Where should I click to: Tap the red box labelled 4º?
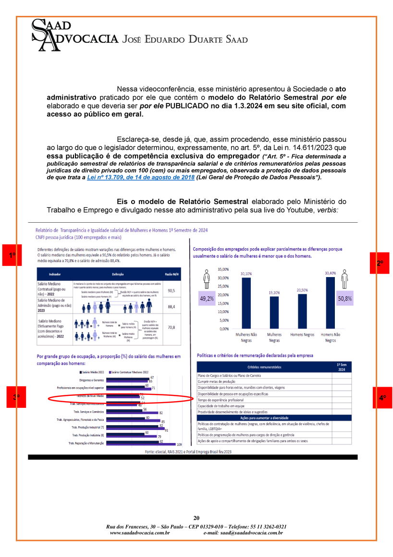coord(382,398)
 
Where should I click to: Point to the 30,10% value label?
coord(246,274)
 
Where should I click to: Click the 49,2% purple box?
coord(207,298)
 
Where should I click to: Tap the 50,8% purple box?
coord(344,298)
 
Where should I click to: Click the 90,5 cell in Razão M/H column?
coord(171,291)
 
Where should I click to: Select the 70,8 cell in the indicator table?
coord(171,328)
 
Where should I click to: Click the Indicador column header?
coord(54,274)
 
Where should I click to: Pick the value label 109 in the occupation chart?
coord(179,444)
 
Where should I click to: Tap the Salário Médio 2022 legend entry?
coord(93,372)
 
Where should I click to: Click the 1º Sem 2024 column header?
coord(341,367)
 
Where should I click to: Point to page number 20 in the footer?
coord(196,518)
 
